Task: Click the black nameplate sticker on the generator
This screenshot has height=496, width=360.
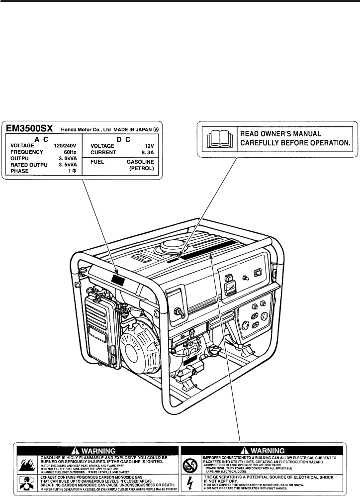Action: [x=119, y=281]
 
